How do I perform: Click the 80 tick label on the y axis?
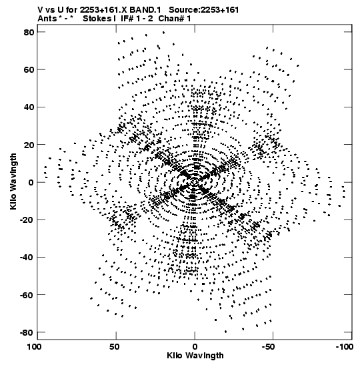[x=29, y=32]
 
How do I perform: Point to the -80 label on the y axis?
[x=27, y=332]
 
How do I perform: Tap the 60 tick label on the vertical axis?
[x=29, y=69]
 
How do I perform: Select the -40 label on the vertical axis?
[x=27, y=257]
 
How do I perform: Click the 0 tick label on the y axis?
[x=31, y=182]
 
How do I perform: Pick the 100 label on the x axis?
[x=35, y=347]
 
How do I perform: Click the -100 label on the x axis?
[x=344, y=347]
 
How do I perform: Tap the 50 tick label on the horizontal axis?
[x=115, y=347]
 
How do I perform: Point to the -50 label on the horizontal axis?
[x=268, y=347]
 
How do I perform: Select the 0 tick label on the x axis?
[x=195, y=347]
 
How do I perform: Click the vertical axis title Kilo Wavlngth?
[x=13, y=181]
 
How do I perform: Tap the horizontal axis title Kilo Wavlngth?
[x=195, y=356]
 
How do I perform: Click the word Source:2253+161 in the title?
[x=204, y=10]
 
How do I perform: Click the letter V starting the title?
[x=40, y=10]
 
